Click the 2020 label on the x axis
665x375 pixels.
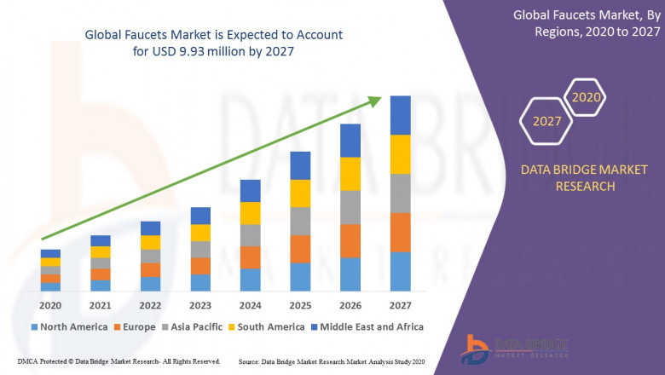tap(50, 306)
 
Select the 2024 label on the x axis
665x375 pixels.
tap(250, 306)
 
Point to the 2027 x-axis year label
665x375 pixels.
tap(400, 306)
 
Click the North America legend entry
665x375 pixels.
tap(69, 326)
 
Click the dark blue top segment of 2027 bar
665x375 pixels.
tap(400, 115)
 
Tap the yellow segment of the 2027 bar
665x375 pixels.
tap(400, 154)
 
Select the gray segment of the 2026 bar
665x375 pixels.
tap(350, 207)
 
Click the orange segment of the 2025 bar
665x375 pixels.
tap(300, 249)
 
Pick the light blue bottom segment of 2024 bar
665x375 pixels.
tap(250, 280)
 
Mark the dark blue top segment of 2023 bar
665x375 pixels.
tap(200, 216)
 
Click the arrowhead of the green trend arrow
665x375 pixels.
tap(374, 101)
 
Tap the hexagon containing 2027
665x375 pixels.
tap(546, 121)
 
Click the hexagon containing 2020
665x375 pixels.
tap(586, 98)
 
